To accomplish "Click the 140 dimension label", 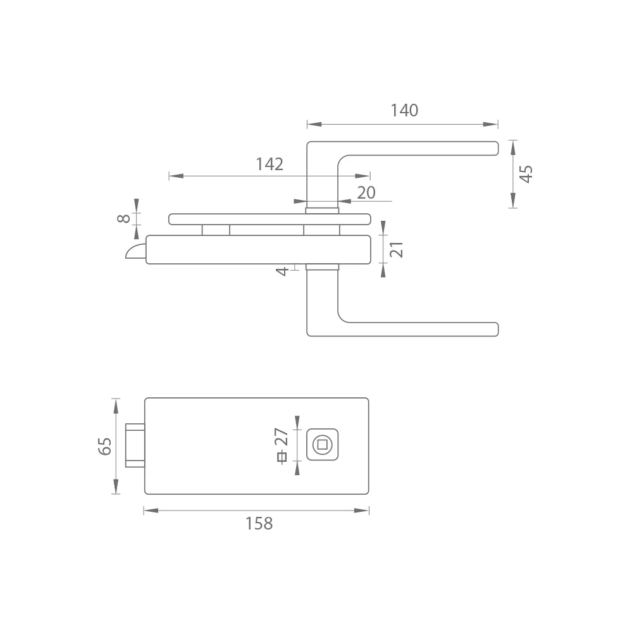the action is pos(404,111).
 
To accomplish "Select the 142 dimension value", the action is pos(270,164).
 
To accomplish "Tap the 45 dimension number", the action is pos(526,174).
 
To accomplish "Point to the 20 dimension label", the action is pos(366,193).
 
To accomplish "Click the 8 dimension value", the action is pos(124,218).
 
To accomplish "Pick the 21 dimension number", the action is pos(397,249).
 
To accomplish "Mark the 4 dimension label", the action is pos(282,271).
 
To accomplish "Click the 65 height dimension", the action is pos(105,446).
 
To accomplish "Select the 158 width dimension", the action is pos(259,524).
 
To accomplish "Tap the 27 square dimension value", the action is pos(282,437).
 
